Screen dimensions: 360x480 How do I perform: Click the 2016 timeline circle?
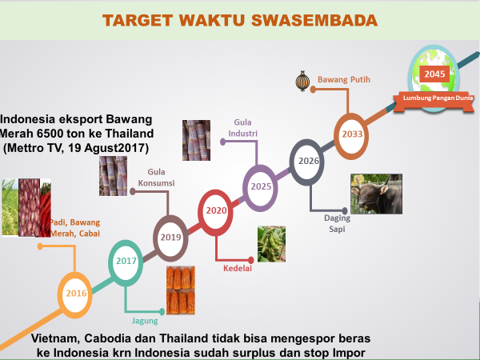click(x=76, y=294)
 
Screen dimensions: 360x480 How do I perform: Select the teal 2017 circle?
click(x=125, y=262)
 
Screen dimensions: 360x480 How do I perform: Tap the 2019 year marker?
click(x=170, y=238)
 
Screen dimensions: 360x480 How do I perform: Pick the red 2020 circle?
click(x=215, y=211)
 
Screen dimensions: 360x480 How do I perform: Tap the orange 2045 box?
click(x=435, y=74)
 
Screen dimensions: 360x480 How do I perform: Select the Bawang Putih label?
click(x=343, y=80)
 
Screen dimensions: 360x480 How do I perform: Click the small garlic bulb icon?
click(x=302, y=81)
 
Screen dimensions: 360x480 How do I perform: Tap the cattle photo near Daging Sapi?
click(x=375, y=194)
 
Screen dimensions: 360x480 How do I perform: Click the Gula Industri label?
click(x=242, y=127)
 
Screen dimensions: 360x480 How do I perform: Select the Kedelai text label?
click(x=238, y=269)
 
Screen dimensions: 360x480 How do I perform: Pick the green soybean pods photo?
click(x=271, y=244)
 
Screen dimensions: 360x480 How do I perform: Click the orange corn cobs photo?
click(x=180, y=290)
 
